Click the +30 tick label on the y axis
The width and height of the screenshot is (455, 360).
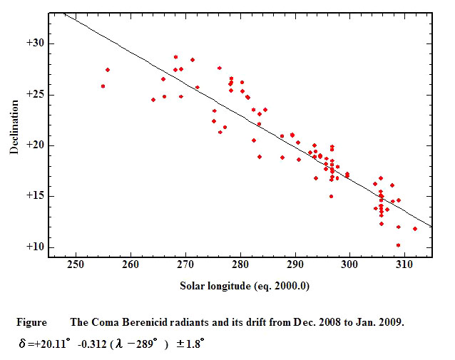tap(35, 43)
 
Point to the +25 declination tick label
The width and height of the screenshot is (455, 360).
tap(35, 94)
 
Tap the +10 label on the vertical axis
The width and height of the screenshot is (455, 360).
tap(35, 247)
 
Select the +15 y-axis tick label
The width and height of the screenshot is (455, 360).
tap(35, 195)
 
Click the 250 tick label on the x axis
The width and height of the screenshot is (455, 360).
tap(76, 264)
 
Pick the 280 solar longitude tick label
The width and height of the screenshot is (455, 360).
tap(240, 264)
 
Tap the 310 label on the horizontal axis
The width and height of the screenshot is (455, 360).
tap(404, 264)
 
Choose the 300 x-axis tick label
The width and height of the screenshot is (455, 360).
tap(349, 264)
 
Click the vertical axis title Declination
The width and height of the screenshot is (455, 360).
tap(14, 127)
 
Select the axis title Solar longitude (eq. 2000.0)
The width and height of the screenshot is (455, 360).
tap(245, 286)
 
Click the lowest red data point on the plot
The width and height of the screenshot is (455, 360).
tap(398, 245)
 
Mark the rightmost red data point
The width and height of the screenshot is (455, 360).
tap(415, 229)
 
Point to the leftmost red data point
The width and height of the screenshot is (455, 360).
tap(103, 86)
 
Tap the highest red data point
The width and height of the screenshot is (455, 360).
tap(175, 57)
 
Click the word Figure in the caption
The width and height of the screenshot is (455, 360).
tap(31, 323)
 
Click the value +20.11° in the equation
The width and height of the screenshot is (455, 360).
tap(52, 344)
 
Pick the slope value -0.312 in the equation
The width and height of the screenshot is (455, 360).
tap(92, 344)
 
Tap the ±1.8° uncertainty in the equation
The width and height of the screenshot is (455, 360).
tap(190, 344)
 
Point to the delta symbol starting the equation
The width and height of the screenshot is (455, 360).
tap(22, 344)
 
